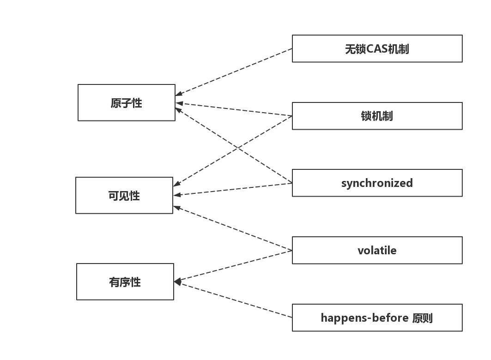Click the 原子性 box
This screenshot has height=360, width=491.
tap(126, 102)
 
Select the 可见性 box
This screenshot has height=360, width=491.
tap(124, 195)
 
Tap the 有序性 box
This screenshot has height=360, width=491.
tap(125, 282)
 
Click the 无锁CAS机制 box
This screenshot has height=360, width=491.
tap(377, 48)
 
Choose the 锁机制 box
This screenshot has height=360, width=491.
tap(377, 116)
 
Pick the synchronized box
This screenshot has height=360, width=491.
tap(377, 183)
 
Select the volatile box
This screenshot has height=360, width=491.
tap(377, 250)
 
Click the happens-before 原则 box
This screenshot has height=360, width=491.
tap(377, 318)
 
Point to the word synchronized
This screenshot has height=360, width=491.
tap(377, 183)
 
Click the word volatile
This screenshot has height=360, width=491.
tap(377, 250)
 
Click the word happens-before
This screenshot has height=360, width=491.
tap(364, 318)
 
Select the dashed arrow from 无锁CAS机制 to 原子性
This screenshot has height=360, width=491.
tap(234, 72)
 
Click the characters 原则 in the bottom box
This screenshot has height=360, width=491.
tap(423, 318)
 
